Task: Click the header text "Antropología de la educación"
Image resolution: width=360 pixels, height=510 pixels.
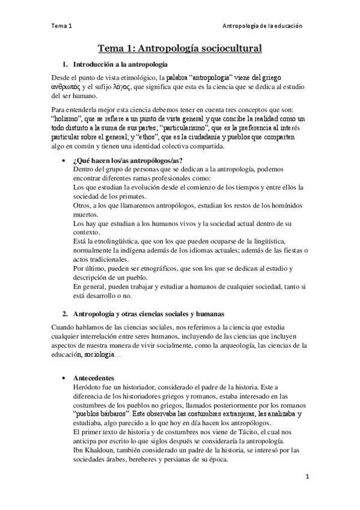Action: click(x=261, y=26)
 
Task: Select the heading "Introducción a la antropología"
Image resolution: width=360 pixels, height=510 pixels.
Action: click(x=120, y=64)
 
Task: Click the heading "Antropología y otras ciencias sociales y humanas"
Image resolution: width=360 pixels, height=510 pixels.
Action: click(x=148, y=314)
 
